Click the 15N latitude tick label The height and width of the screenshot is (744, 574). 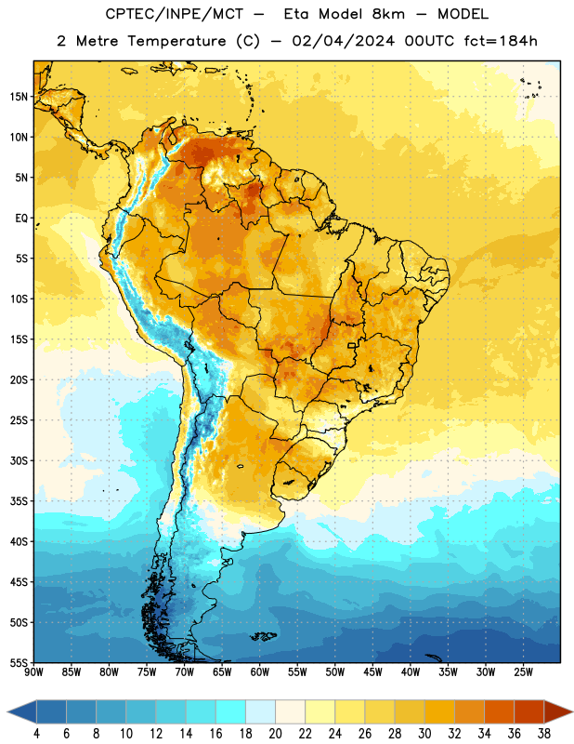coord(19,97)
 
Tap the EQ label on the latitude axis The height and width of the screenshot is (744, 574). coord(21,219)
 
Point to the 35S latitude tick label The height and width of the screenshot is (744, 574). coord(19,501)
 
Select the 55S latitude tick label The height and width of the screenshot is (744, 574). coord(19,663)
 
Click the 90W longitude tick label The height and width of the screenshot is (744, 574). coord(33,672)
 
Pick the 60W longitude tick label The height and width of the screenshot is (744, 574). coord(260,672)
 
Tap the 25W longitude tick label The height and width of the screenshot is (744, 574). coord(523,672)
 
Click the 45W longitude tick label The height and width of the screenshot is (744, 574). coord(372,672)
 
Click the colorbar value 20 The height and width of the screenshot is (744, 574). coord(275,734)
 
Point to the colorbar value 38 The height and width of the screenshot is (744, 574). coord(544,734)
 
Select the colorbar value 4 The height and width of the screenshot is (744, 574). coord(36,734)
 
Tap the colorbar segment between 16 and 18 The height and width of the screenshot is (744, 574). coord(231,711)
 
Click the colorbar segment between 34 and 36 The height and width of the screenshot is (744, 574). coord(499,711)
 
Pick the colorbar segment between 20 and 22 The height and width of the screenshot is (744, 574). coord(290,711)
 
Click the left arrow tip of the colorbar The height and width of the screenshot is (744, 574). coord(7,711)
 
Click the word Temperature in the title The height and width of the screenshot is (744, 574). coord(176,41)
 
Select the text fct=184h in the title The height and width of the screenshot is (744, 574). coord(501,41)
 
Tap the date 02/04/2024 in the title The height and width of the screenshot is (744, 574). coord(343,41)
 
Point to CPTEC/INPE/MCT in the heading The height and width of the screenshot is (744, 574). coord(175,14)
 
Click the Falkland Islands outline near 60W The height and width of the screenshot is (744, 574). coord(264,636)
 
